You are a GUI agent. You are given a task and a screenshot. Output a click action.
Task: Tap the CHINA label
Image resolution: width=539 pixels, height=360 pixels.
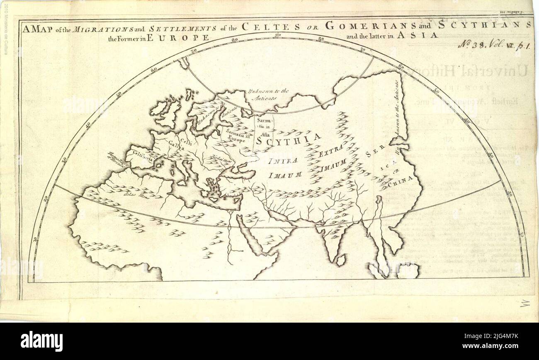coord(401,180)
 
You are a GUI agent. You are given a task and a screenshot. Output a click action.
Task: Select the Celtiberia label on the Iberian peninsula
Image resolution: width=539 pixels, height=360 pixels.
coord(143,158)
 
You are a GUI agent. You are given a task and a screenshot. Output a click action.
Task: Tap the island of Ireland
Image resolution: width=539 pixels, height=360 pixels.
coord(158,108)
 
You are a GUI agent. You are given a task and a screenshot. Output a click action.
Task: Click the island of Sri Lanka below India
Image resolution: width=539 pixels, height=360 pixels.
coord(340,260)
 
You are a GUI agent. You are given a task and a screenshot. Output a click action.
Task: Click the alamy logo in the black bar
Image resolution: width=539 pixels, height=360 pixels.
coord(41,341)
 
